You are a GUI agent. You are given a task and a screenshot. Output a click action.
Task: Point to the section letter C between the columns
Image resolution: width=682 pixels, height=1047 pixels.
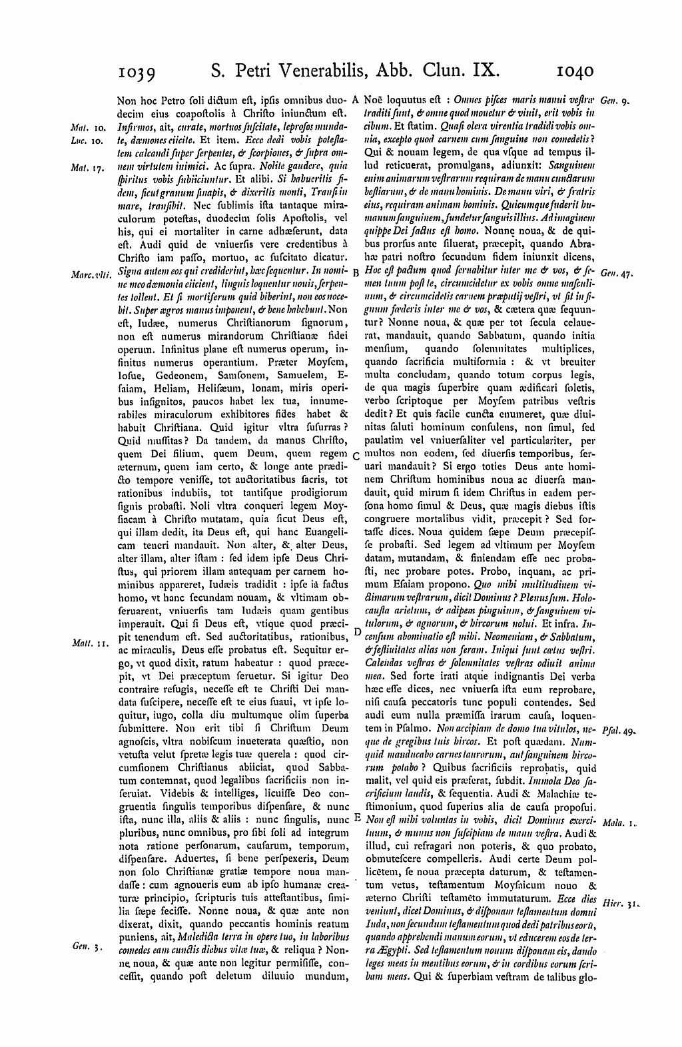[356, 456]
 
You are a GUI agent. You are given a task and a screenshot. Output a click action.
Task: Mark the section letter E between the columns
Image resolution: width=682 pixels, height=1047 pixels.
[356, 817]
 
